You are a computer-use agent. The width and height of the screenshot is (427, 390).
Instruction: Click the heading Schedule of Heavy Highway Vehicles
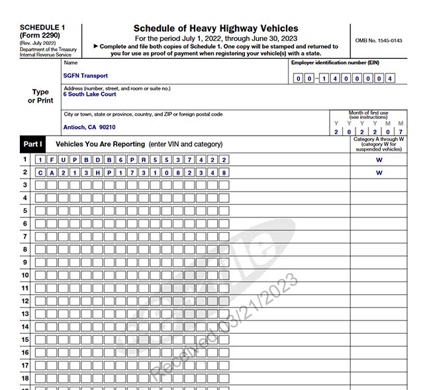coord(216,28)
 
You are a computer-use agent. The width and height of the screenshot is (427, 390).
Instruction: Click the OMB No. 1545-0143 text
coord(379,40)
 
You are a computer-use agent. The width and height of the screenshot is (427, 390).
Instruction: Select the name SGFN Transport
coord(85,76)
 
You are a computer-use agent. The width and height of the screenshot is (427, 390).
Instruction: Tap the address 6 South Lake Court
coord(89,95)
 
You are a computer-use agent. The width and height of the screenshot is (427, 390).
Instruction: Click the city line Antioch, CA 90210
coord(89,127)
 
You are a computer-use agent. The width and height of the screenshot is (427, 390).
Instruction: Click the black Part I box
coord(32,144)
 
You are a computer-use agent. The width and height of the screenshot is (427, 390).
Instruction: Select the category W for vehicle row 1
coord(379,159)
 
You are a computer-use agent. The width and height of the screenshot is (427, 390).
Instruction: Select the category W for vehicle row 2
coord(379,173)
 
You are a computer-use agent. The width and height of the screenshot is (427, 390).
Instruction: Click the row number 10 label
coord(24,275)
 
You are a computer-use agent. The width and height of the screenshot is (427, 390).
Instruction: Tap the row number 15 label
coord(24,340)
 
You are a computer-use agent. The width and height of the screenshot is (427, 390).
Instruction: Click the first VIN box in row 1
coord(41,160)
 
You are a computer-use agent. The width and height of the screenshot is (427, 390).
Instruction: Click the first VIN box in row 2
coord(41,173)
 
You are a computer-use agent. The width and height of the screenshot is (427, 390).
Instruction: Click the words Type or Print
coord(40,97)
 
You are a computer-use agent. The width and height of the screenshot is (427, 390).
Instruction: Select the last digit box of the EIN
coord(391,79)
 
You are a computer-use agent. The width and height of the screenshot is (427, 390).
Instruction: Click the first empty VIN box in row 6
coord(41,224)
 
